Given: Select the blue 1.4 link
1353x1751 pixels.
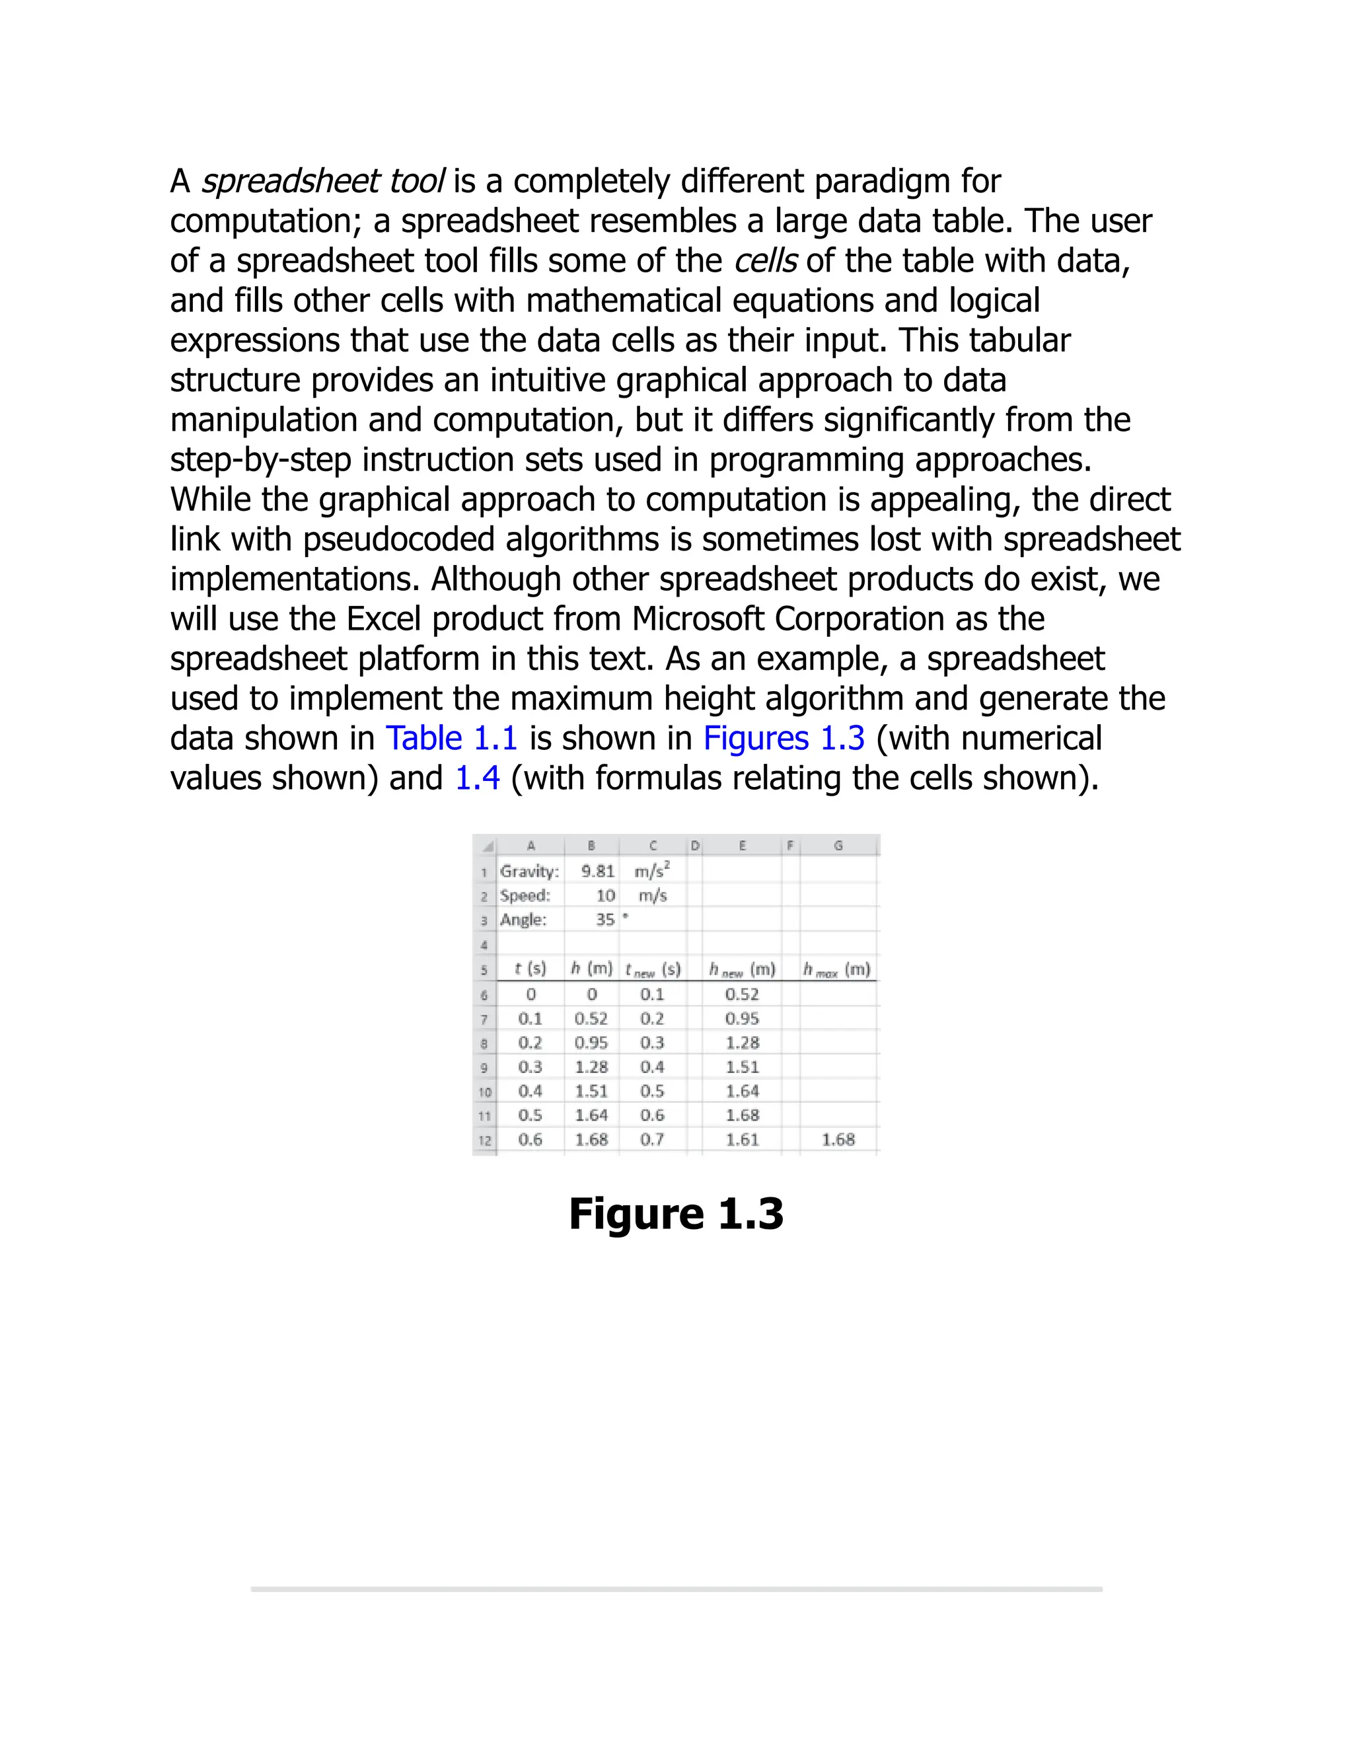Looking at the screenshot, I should (x=477, y=778).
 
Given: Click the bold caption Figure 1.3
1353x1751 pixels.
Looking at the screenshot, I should (x=676, y=1213).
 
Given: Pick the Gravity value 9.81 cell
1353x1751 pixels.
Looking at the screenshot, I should (x=597, y=872).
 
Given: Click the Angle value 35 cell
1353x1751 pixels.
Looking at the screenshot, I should (x=604, y=920).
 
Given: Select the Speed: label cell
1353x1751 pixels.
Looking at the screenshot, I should (x=526, y=895).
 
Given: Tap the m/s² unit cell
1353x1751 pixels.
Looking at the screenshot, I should (x=653, y=872).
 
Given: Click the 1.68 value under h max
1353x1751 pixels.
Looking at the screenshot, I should (x=838, y=1139).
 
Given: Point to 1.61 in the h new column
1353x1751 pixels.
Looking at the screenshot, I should (x=742, y=1139).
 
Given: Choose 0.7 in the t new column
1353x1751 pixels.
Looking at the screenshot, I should (x=653, y=1139).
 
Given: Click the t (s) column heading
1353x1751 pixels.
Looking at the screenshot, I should (x=530, y=969).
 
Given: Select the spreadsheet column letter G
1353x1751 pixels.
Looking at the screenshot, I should (x=838, y=845).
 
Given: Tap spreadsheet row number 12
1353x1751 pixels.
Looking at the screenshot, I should (x=485, y=1140).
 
